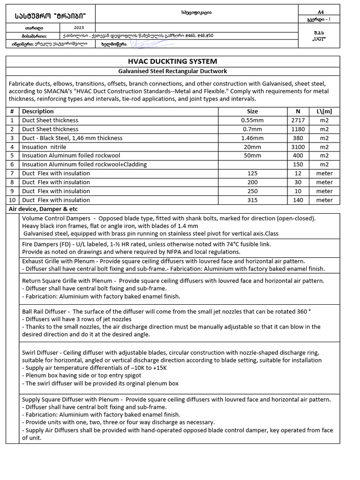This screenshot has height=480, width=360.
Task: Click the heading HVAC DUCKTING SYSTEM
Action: (172, 61)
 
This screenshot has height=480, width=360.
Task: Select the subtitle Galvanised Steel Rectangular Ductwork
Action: (172, 71)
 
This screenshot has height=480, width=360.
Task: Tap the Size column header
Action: (252, 112)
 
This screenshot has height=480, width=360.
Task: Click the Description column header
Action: (38, 112)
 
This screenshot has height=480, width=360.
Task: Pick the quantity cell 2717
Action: (298, 120)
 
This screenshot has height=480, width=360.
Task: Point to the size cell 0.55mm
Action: (252, 120)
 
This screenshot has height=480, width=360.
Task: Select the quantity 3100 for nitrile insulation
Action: (298, 147)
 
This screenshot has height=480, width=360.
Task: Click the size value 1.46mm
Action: (252, 138)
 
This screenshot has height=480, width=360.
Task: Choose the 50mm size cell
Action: (252, 156)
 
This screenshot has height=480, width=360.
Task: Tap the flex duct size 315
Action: (252, 200)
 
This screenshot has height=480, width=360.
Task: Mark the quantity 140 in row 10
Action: (298, 200)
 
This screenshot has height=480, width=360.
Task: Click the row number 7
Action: (12, 173)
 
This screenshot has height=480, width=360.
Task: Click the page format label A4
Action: (321, 12)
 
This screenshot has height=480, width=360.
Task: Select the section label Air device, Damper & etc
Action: (43, 209)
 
